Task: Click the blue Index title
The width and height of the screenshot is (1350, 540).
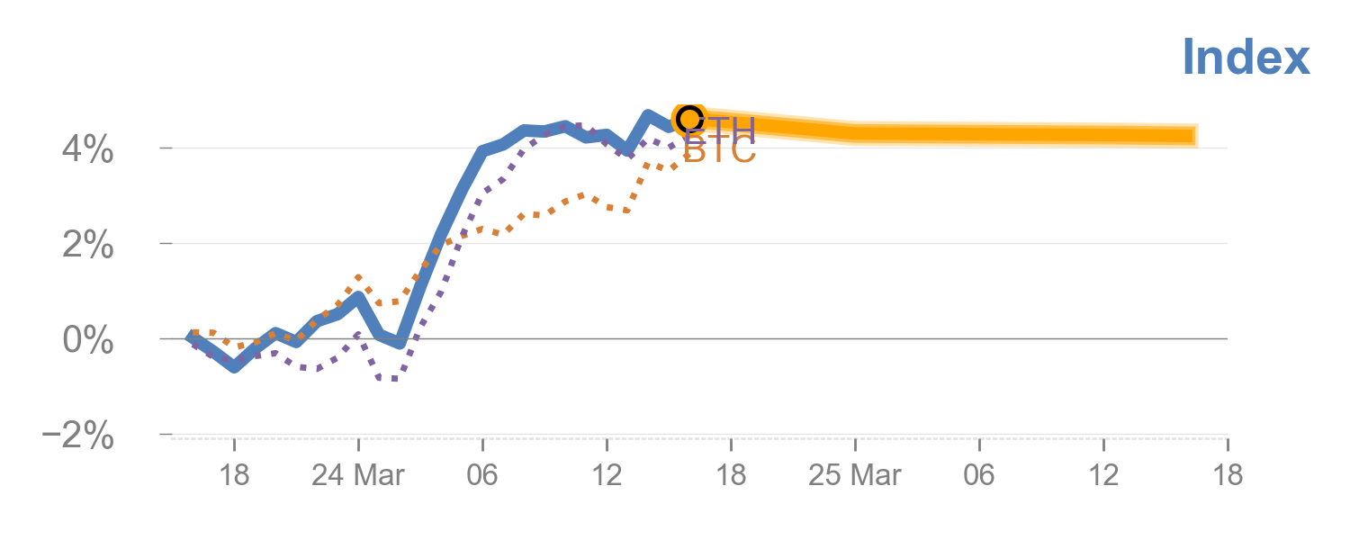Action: click(x=1246, y=58)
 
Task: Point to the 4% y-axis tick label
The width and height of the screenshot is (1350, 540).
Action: click(x=88, y=148)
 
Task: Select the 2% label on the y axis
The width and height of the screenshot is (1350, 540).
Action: click(x=88, y=244)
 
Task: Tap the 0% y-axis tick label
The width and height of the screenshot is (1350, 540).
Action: click(x=88, y=340)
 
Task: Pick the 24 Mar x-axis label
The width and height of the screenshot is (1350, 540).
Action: click(x=357, y=475)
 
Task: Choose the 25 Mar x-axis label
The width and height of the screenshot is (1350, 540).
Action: click(x=854, y=475)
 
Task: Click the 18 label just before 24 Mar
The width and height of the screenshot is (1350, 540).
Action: click(x=234, y=475)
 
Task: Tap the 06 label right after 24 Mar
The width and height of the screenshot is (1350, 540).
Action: click(x=482, y=475)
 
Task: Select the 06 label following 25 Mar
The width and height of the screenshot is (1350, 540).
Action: click(x=979, y=475)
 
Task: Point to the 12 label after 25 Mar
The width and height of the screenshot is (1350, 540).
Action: click(x=1103, y=475)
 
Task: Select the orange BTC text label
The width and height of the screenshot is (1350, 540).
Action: click(x=720, y=153)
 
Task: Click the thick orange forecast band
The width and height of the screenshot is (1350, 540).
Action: click(x=990, y=134)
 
